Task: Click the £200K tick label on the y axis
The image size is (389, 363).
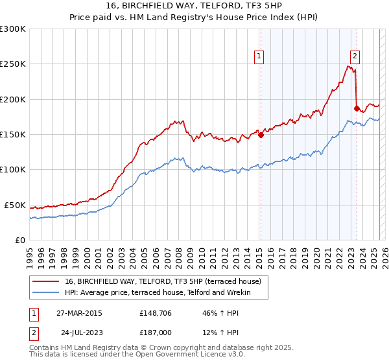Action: (x=13, y=99)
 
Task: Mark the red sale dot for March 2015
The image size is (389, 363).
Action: (x=261, y=135)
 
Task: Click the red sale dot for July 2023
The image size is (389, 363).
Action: (x=357, y=108)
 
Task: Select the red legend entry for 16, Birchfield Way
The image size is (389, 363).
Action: (x=162, y=281)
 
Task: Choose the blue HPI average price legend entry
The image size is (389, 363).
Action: (x=166, y=293)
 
